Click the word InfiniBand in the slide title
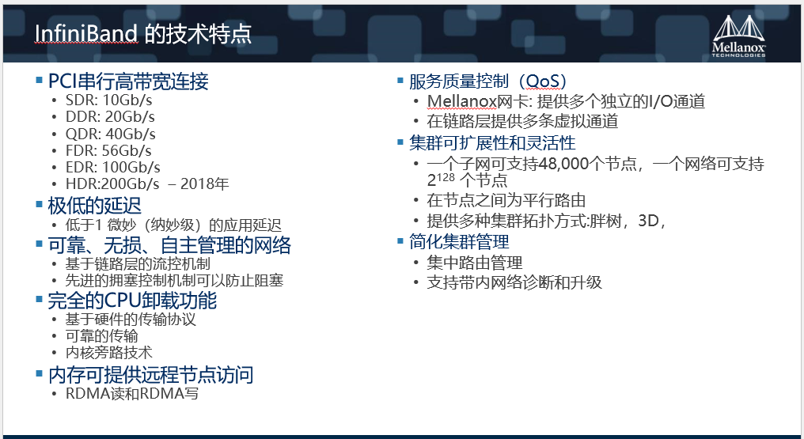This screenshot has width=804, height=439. click(x=86, y=34)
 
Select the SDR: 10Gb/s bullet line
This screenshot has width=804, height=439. click(x=108, y=100)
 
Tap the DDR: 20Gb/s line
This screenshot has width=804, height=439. click(x=110, y=117)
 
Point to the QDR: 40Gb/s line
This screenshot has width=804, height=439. click(x=110, y=134)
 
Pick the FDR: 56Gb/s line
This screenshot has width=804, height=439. click(x=108, y=150)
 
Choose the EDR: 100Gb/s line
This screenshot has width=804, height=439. click(x=113, y=167)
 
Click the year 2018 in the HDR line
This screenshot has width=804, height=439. click(x=197, y=184)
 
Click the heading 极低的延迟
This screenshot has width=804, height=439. click(x=94, y=206)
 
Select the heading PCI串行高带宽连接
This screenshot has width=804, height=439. click(x=128, y=81)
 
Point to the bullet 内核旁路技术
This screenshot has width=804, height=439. click(x=108, y=353)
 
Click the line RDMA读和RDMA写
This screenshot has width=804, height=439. click(x=132, y=393)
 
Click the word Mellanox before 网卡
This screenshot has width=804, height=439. click(x=461, y=101)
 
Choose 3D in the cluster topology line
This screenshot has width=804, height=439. click(x=647, y=221)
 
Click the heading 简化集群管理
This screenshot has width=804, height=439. click(x=459, y=242)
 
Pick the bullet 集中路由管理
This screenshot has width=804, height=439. click(x=475, y=263)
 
